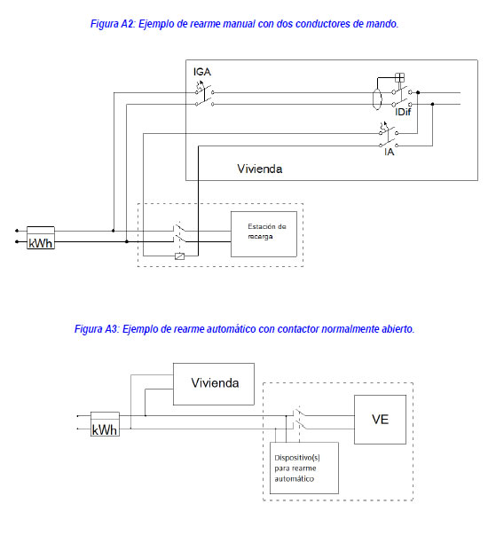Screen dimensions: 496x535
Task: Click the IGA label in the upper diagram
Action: click(x=202, y=72)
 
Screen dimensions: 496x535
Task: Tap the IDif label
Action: click(x=403, y=113)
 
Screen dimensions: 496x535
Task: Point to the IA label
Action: click(x=389, y=153)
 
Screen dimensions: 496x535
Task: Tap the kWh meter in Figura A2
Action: click(x=41, y=238)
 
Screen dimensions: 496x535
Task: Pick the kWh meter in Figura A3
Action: click(x=105, y=424)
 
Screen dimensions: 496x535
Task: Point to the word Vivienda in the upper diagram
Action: click(x=260, y=169)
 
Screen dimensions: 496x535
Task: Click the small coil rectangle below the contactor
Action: click(x=179, y=256)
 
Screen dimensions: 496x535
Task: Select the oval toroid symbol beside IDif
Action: click(x=377, y=99)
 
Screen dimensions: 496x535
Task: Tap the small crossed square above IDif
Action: click(x=399, y=78)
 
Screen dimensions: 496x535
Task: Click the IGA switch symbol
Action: click(x=205, y=94)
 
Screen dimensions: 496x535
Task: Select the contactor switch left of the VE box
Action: click(x=300, y=418)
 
